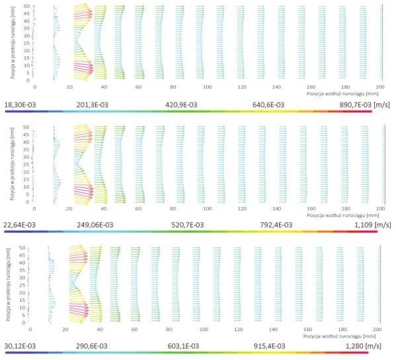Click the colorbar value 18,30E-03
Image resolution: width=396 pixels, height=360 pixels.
click(20, 105)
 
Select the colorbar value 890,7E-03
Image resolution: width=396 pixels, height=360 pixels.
click(355, 105)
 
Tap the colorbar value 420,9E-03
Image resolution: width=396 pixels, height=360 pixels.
click(181, 105)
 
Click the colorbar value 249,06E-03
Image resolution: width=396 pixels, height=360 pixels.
click(95, 225)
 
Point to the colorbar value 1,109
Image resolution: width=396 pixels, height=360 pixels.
click(363, 225)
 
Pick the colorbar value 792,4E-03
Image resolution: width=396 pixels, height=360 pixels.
click(276, 225)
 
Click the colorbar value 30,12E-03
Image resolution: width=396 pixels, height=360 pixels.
click(20, 346)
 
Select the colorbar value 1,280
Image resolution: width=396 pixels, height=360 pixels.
click(354, 346)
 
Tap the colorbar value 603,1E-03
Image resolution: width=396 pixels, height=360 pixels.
click(183, 346)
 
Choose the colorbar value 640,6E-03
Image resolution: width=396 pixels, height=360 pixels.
click(268, 105)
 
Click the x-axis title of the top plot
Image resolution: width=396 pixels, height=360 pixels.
click(342, 94)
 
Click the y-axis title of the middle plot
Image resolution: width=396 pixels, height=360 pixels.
click(13, 164)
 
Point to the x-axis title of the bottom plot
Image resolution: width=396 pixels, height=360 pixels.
click(339, 336)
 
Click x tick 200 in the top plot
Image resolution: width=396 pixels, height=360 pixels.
click(380, 87)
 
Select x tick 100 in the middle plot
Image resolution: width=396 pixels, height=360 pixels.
click(208, 208)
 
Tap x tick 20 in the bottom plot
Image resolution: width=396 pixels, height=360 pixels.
click(65, 330)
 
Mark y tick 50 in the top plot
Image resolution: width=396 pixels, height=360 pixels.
click(26, 6)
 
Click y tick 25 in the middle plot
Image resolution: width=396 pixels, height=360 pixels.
click(26, 165)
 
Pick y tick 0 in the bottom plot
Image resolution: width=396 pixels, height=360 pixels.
click(24, 323)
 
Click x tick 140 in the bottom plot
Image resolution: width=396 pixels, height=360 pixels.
click(273, 330)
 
